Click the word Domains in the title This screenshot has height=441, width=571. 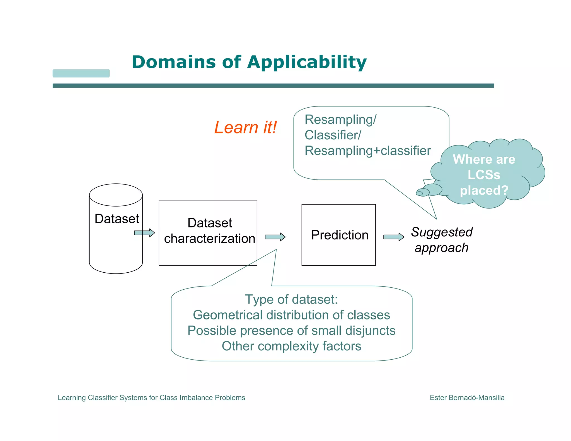pyautogui.click(x=174, y=62)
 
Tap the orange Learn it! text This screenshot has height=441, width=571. pyautogui.click(x=245, y=127)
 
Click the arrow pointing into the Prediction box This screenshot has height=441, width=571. pyautogui.click(x=275, y=237)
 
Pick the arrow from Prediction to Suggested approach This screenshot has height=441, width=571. pyautogui.click(x=393, y=237)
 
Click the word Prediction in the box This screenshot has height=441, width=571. pyautogui.click(x=340, y=235)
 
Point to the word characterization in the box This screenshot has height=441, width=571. pyautogui.click(x=209, y=239)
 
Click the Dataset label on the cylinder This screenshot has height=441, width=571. pyautogui.click(x=117, y=219)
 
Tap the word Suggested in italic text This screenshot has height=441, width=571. pyautogui.click(x=442, y=232)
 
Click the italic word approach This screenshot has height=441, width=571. pyautogui.click(x=441, y=248)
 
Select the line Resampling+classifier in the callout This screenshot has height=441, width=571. pyautogui.click(x=367, y=151)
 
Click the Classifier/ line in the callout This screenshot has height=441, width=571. pyautogui.click(x=333, y=135)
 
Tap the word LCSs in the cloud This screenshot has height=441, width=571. pyautogui.click(x=484, y=175)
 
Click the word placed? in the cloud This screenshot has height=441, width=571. pyautogui.click(x=484, y=190)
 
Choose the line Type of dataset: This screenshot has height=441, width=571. pyautogui.click(x=291, y=299)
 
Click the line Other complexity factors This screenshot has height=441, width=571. pyautogui.click(x=291, y=346)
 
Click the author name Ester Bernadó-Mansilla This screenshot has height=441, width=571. pyautogui.click(x=467, y=398)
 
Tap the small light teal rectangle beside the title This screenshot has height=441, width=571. pyautogui.click(x=81, y=73)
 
